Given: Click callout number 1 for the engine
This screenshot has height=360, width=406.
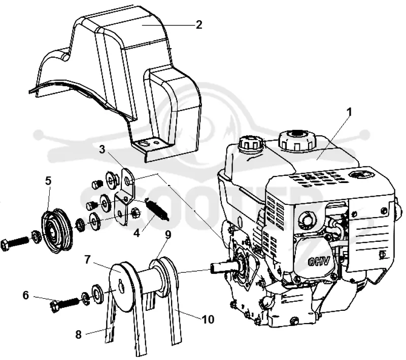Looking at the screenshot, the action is pyautogui.click(x=349, y=112).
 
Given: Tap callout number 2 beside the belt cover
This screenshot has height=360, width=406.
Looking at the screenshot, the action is pyautogui.click(x=198, y=25).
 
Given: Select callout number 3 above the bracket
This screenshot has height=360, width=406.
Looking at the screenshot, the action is pyautogui.click(x=103, y=150).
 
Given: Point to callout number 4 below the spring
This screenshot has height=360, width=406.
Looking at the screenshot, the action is pyautogui.click(x=137, y=233).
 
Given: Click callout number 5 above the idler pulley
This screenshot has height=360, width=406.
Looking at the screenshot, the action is pyautogui.click(x=48, y=181).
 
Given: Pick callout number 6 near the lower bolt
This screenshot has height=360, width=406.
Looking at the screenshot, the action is pyautogui.click(x=26, y=295).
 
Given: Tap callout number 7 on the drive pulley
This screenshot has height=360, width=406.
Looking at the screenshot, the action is pyautogui.click(x=87, y=260).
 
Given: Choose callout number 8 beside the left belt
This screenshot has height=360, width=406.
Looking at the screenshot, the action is pyautogui.click(x=79, y=335).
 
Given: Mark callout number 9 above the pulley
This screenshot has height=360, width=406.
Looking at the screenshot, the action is pyautogui.click(x=168, y=235).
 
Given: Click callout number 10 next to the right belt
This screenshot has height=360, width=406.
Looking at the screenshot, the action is pyautogui.click(x=209, y=319).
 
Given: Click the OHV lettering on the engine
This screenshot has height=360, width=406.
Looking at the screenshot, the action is pyautogui.click(x=319, y=262).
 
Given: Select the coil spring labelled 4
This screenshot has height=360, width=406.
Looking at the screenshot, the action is pyautogui.click(x=156, y=208).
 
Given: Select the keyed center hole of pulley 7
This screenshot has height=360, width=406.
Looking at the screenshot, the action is pyautogui.click(x=121, y=284).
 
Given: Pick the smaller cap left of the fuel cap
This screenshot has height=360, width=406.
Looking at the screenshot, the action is pyautogui.click(x=251, y=144).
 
